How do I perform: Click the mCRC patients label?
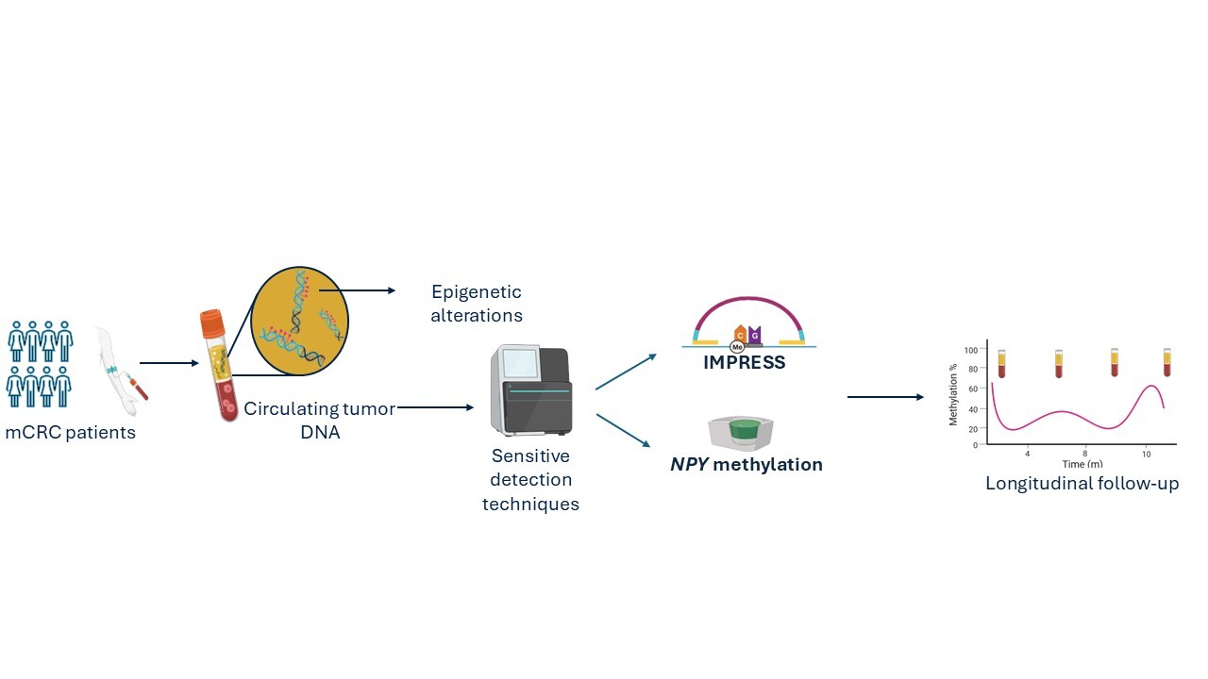tap(70, 432)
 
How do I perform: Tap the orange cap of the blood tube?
tap(212, 323)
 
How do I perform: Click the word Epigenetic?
tap(477, 292)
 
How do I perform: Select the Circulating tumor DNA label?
tap(320, 421)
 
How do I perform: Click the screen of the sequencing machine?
tap(520, 363)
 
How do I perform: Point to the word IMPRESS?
tap(745, 363)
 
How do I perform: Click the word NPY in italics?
tap(689, 465)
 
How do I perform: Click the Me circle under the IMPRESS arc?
tap(737, 348)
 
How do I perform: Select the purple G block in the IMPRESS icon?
tap(754, 335)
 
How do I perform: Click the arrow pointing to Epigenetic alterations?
tap(357, 290)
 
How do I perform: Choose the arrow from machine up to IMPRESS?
tap(626, 372)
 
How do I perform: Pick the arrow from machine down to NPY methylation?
tap(624, 430)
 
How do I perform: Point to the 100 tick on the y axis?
tap(971, 350)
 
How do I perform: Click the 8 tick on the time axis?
tap(1085, 454)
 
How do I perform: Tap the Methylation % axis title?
tap(953, 394)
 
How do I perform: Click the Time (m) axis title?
tap(1082, 464)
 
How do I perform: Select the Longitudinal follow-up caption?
tap(1082, 484)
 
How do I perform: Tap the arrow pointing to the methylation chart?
tap(885, 397)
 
